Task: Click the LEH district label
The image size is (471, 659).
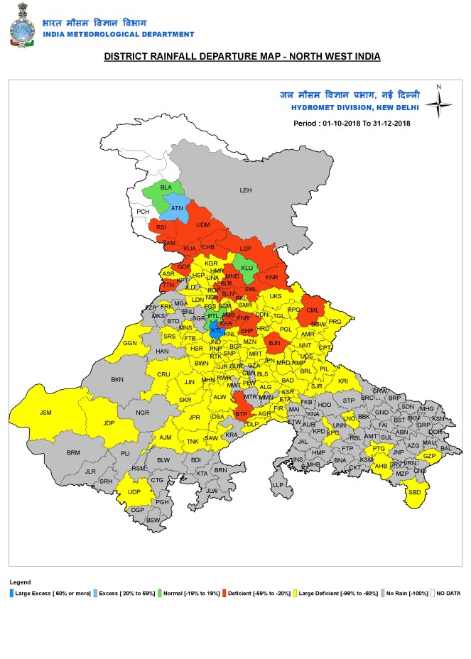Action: coord(246,190)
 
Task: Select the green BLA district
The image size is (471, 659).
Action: coord(165,189)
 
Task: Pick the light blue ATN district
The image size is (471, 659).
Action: coord(177,209)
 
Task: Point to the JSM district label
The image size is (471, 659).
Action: coord(45,412)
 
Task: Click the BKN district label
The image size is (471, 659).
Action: coord(117,380)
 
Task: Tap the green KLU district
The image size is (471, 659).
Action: coord(247,268)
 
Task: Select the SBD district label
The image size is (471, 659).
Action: coord(414,493)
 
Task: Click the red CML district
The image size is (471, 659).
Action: coord(313,310)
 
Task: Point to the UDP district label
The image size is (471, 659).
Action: coord(134,491)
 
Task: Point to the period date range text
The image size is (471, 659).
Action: coord(352,122)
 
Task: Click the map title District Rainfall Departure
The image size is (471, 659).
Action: coord(242,56)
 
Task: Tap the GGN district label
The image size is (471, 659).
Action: coord(130,343)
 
